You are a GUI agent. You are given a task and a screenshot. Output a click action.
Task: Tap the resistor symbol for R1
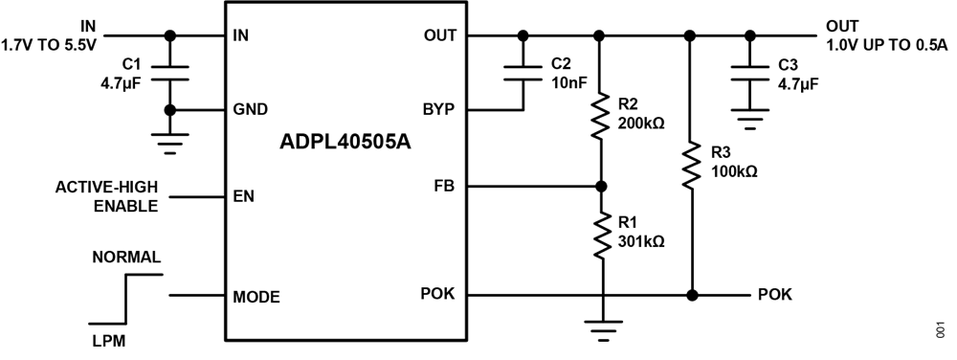pos(600,236)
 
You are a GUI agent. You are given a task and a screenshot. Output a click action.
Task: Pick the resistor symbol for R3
pos(690,166)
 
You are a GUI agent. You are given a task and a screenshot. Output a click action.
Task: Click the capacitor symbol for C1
pos(170,72)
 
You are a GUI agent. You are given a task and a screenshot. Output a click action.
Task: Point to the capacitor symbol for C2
pos(523,72)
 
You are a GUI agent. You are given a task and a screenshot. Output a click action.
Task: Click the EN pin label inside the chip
pos(243,197)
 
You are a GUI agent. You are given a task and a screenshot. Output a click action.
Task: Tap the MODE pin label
pos(256,296)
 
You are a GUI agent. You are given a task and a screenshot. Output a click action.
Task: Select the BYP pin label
pos(441,109)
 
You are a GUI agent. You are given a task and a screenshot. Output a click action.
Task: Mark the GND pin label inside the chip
pos(250,109)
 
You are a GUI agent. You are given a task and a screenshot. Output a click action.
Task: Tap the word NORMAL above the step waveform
pos(125,259)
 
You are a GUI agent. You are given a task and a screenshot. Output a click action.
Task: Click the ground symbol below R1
pos(600,331)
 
